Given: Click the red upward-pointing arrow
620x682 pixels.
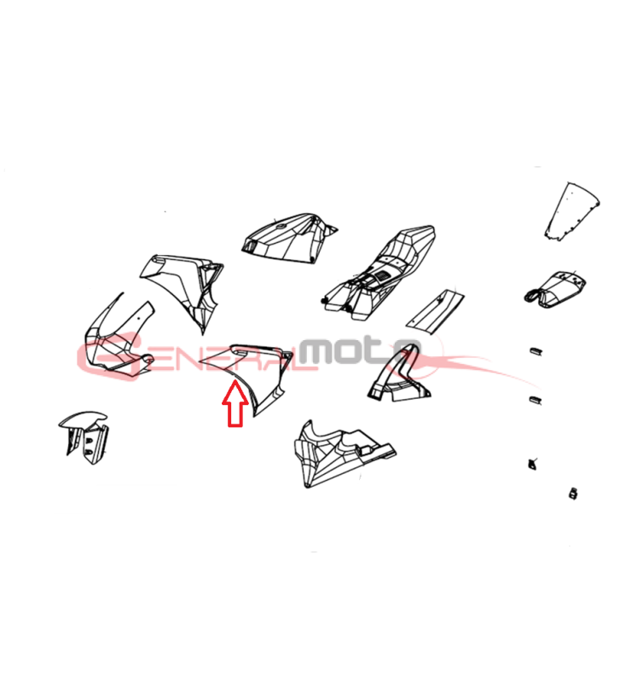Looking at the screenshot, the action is (x=235, y=402).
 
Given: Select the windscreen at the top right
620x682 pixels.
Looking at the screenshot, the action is (x=572, y=211).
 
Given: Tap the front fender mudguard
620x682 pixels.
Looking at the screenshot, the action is (x=84, y=436).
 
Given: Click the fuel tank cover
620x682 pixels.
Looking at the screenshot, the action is (x=288, y=238).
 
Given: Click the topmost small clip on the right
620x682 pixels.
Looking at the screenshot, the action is (x=535, y=351).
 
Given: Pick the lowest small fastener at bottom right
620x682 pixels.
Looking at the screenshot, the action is (x=573, y=494).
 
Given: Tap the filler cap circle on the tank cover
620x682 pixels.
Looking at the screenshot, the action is (x=281, y=227).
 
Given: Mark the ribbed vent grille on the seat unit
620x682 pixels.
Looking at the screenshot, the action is (x=384, y=276).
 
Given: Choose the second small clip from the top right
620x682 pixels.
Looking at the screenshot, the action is (x=535, y=400).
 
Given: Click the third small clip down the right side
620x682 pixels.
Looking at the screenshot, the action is (x=531, y=464).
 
